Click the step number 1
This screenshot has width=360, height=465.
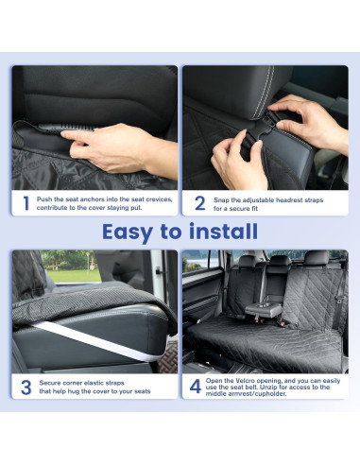click(26, 201)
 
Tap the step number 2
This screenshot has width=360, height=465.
click(199, 201)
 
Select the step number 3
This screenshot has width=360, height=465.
click(26, 386)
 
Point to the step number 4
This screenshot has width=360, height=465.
click(196, 386)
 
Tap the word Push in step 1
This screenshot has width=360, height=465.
click(45, 198)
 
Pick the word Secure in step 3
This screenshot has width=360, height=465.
click(50, 382)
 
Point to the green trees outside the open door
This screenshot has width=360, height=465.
click(68, 265)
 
